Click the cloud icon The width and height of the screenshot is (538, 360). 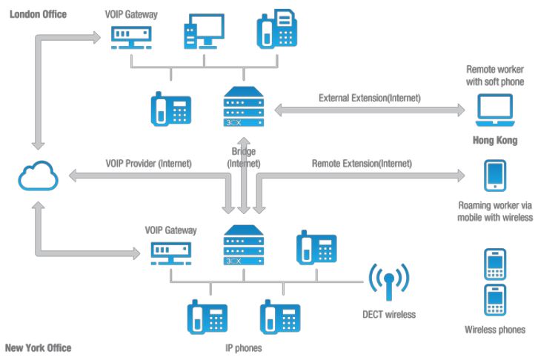(x=36, y=177)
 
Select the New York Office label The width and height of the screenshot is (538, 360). (x=39, y=347)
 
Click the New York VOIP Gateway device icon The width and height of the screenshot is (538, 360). (x=170, y=251)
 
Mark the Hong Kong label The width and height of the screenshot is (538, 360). (x=495, y=140)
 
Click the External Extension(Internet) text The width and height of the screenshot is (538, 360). (x=369, y=98)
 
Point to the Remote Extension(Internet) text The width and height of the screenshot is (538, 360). (x=362, y=164)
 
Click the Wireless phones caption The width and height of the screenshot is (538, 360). (x=495, y=330)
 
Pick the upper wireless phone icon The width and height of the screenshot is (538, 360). (x=495, y=264)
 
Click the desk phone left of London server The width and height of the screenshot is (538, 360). (x=171, y=110)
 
